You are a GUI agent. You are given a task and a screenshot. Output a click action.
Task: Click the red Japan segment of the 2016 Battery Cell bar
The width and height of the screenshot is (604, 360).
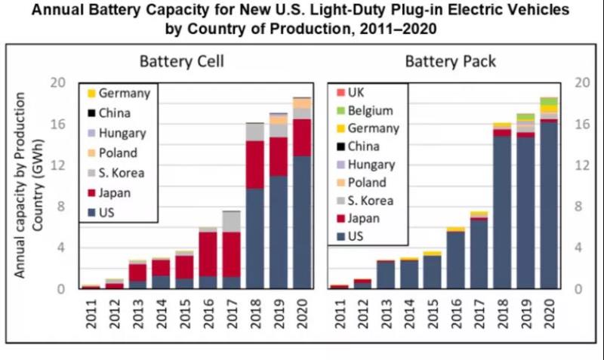pos(208,254)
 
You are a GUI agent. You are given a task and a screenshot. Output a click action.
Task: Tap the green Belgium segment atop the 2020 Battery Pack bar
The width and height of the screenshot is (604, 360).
pos(549,101)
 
